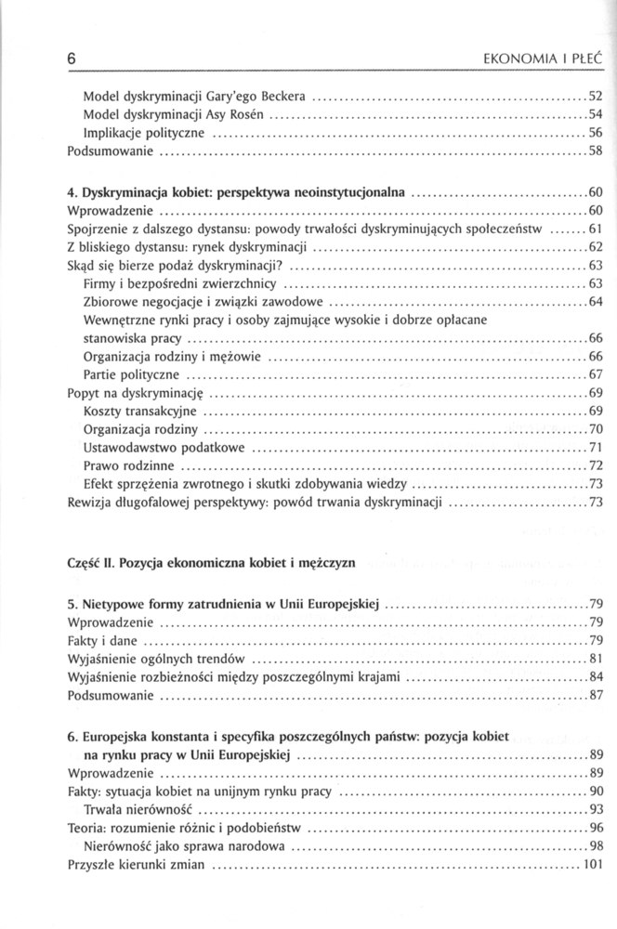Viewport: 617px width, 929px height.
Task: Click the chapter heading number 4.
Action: (72, 192)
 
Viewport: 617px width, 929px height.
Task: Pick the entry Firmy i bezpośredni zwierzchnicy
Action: (180, 283)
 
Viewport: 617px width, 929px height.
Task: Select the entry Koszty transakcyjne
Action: (139, 411)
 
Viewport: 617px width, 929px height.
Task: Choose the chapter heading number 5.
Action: (72, 604)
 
